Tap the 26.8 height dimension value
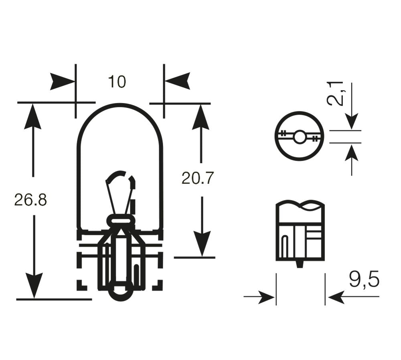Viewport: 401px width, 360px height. (x=30, y=199)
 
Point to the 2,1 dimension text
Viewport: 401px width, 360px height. (x=335, y=93)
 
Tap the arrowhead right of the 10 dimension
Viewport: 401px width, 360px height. (x=177, y=81)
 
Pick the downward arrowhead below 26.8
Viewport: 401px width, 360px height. (x=34, y=285)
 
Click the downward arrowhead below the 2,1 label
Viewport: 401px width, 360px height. (x=351, y=121)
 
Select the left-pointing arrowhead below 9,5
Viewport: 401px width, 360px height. (x=337, y=297)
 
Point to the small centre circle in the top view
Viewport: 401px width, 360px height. (x=299, y=137)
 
